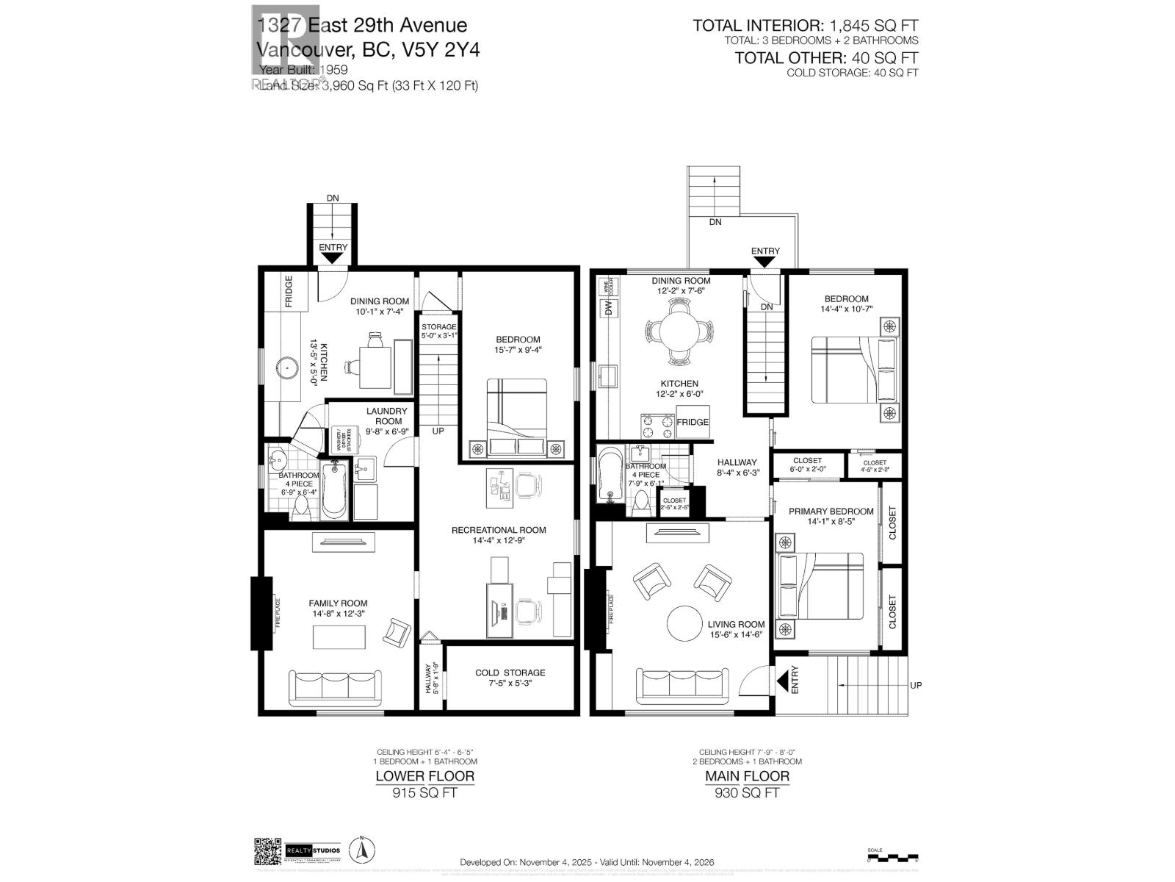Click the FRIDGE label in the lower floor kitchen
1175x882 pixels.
[289, 291]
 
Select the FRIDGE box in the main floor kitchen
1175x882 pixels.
[693, 422]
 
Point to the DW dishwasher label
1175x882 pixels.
[608, 310]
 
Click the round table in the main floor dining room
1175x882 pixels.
[679, 332]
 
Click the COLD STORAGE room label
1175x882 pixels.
[510, 673]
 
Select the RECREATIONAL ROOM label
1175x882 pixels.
[499, 530]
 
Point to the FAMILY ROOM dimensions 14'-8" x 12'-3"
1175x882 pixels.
[338, 614]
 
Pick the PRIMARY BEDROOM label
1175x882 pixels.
[831, 512]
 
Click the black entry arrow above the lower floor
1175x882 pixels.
[333, 258]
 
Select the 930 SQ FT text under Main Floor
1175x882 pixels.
[747, 793]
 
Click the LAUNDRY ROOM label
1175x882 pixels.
[388, 416]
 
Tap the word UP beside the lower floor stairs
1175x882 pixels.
[438, 431]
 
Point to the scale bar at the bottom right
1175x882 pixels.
[892, 857]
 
